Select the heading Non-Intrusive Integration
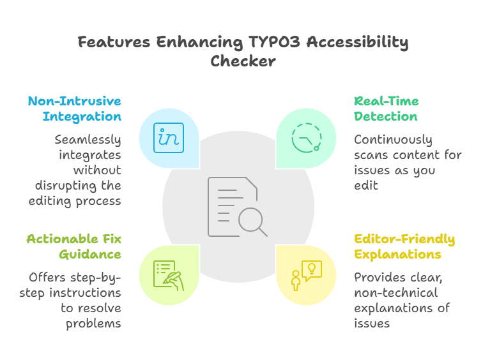(74, 109)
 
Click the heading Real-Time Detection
(386, 109)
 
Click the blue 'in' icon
(169, 138)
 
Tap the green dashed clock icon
(307, 138)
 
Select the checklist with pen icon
(169, 275)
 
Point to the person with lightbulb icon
(307, 275)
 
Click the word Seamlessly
(88, 140)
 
